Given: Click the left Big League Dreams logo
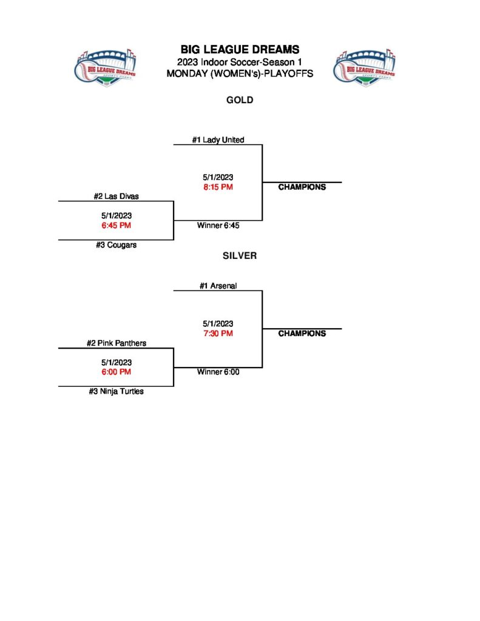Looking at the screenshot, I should click(105, 67).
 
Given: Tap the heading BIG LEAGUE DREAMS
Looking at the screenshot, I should click(240, 50).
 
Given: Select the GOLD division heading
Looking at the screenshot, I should click(240, 100).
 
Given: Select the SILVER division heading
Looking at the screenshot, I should click(240, 256).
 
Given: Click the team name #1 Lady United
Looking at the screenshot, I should click(218, 139).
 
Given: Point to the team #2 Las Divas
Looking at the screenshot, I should click(116, 196).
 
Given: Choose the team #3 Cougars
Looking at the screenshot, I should click(116, 245).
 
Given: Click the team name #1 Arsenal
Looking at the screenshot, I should click(218, 286).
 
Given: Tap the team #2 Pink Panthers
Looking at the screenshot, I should click(116, 343).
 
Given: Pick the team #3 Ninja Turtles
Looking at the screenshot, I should click(116, 391).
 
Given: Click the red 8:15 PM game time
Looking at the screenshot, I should click(218, 187).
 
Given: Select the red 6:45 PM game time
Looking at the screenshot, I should click(116, 225).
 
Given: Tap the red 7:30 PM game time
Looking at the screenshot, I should click(218, 333).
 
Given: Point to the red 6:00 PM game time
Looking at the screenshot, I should click(116, 371).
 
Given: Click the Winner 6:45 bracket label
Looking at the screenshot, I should click(218, 226).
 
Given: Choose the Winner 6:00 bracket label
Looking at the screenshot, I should click(218, 372).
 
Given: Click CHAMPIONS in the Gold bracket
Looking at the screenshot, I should click(302, 187).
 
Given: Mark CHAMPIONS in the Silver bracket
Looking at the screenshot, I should click(302, 333).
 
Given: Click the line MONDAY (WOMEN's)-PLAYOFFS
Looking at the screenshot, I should click(240, 73).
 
